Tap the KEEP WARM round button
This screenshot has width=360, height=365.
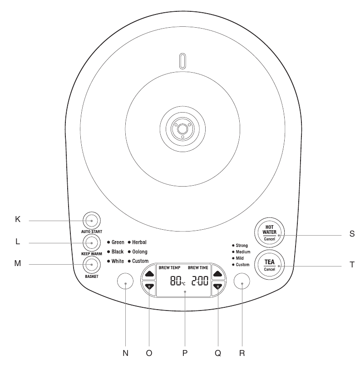coord(91,242)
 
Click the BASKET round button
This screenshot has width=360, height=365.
coord(91,264)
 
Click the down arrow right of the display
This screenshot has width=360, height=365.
coord(218,287)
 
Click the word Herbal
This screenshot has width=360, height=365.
coord(139,242)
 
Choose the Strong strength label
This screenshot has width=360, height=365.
coord(242,245)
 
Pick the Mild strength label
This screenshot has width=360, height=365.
coord(240,258)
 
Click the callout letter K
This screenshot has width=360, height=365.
coord(18,219)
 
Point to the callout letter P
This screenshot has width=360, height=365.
coord(184,353)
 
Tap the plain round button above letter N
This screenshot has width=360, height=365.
coord(125,282)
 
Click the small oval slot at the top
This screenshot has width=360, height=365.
coord(182,61)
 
